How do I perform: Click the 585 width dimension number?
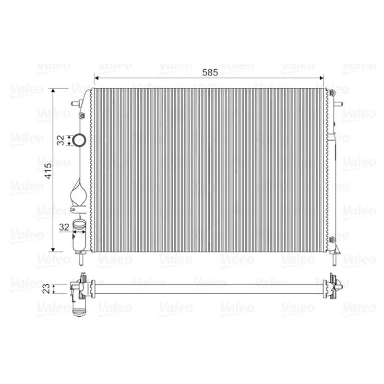coord(210,72)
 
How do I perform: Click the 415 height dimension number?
coord(48,170)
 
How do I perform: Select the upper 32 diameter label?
coord(60,140)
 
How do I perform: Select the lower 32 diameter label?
coord(63,228)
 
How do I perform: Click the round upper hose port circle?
coord(79,140)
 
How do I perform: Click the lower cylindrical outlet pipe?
coord(79,235)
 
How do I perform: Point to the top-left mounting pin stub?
coord(75,103)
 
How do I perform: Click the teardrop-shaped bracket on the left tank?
coord(78,196)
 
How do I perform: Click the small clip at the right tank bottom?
coord(332,240)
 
